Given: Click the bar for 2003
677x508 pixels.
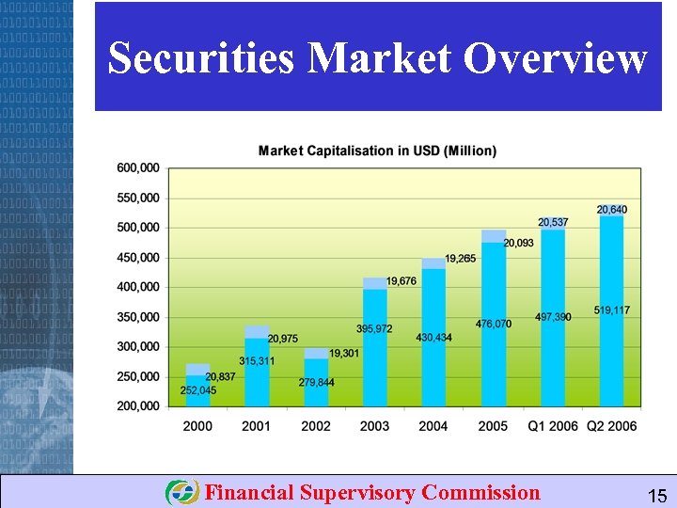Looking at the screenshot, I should click(x=374, y=348).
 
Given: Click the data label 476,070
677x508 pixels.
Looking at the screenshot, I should click(x=494, y=324).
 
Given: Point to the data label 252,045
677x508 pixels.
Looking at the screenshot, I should click(x=198, y=390).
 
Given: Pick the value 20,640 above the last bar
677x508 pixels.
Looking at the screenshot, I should click(x=612, y=209).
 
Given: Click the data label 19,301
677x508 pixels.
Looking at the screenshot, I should click(x=344, y=353).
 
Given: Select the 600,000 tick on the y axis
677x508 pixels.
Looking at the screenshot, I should click(x=138, y=168).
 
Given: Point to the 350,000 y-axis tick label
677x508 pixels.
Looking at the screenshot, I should click(x=138, y=317).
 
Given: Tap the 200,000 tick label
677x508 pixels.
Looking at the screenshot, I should click(x=138, y=406).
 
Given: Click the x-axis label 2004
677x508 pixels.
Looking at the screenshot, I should click(x=433, y=426).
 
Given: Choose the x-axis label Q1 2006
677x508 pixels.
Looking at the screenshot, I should click(x=552, y=426).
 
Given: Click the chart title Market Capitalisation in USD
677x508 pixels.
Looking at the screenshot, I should click(x=377, y=151).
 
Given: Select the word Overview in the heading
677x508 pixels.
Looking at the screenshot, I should click(x=556, y=58).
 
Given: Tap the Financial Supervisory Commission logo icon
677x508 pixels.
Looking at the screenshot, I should click(x=181, y=492).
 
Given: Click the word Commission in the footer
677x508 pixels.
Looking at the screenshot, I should click(x=481, y=492).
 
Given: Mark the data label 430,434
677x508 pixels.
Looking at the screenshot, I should click(x=433, y=338).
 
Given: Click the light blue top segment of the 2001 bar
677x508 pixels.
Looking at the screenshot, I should click(x=257, y=331).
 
